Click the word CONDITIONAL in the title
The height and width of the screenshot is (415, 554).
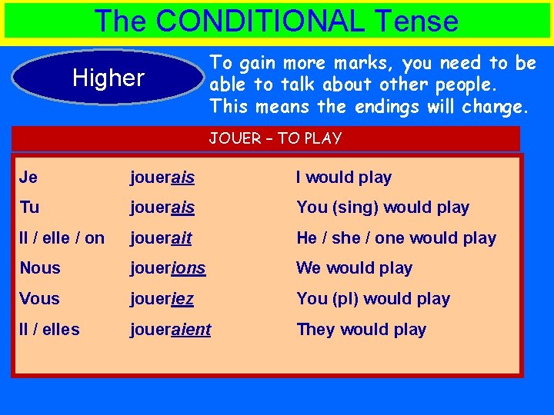click(260, 21)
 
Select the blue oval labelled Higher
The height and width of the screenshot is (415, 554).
click(108, 78)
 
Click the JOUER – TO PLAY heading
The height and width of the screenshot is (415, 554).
click(275, 138)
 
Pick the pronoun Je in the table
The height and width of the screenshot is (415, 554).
click(28, 178)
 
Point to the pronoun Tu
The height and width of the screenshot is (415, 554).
click(29, 207)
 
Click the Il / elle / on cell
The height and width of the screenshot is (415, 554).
click(62, 238)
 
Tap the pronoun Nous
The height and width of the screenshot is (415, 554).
click(40, 268)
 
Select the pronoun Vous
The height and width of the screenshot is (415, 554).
click(40, 299)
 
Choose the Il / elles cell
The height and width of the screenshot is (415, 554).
click(50, 330)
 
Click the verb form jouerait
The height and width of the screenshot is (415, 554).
click(161, 238)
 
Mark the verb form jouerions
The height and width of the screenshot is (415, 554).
click(168, 268)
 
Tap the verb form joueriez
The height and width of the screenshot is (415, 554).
click(162, 299)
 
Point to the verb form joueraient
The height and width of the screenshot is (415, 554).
click(170, 330)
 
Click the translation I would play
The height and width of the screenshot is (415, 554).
click(344, 178)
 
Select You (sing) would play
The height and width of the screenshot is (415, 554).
click(382, 207)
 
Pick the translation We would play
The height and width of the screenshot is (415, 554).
click(354, 268)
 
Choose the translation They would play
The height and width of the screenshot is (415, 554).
click(361, 330)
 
